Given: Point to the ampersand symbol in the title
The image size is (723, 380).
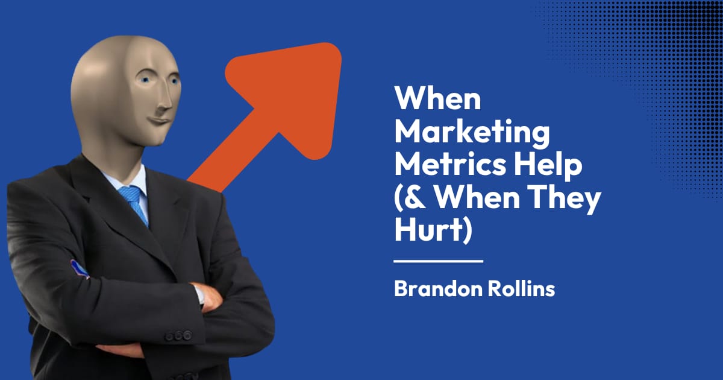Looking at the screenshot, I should [x=412, y=198].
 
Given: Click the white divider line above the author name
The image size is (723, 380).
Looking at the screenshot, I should [x=438, y=261].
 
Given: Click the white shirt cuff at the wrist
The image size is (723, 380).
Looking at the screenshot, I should [x=198, y=294].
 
